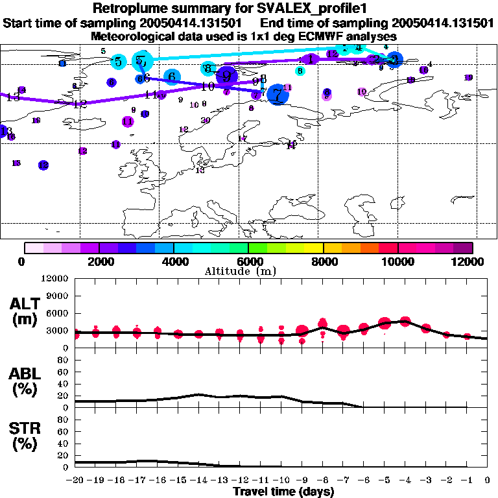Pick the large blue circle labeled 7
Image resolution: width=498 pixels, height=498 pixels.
tap(278, 95)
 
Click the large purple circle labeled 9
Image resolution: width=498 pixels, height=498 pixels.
tap(226, 75)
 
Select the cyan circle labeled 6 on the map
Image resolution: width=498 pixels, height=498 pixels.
tap(171, 77)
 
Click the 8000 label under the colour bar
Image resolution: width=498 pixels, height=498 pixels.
tap(323, 261)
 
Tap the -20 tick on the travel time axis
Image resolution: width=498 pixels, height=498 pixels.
tap(75, 480)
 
